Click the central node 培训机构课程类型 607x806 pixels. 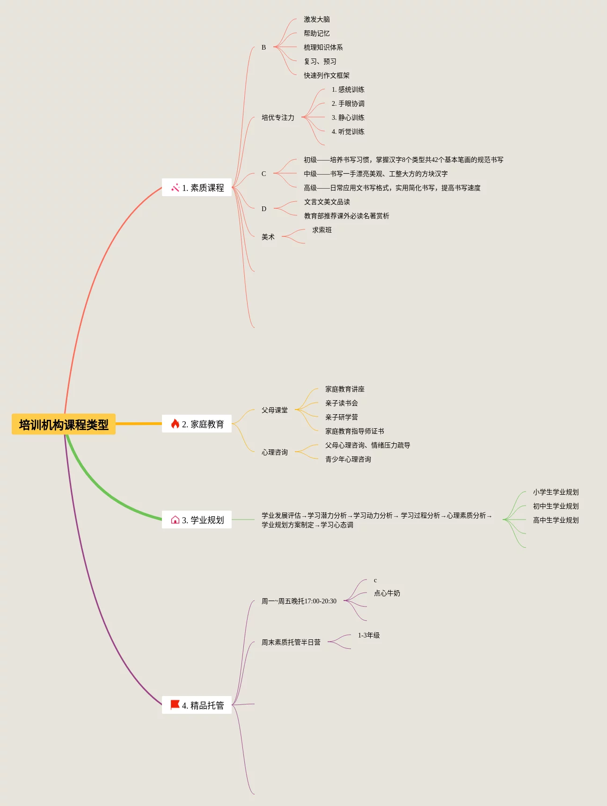click(64, 425)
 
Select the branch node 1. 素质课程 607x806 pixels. click(197, 188)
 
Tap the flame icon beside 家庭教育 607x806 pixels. click(175, 424)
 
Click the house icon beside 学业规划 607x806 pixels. click(175, 520)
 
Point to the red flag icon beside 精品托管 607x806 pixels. click(175, 705)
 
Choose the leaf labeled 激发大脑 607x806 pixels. click(317, 20)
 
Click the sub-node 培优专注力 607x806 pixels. click(278, 118)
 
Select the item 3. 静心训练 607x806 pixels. click(348, 118)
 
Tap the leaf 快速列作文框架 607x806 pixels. click(327, 76)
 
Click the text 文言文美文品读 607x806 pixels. click(327, 202)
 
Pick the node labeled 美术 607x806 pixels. click(268, 237)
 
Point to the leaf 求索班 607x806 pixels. click(322, 230)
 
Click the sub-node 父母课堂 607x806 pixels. click(275, 410)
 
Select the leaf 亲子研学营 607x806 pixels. click(342, 418)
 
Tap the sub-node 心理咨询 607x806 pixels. click(275, 453)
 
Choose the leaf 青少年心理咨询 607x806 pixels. click(348, 460)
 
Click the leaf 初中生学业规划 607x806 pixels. click(556, 506)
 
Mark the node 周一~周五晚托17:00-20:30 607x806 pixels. click(299, 601)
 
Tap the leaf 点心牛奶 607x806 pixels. click(387, 594)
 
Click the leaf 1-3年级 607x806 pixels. click(369, 636)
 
